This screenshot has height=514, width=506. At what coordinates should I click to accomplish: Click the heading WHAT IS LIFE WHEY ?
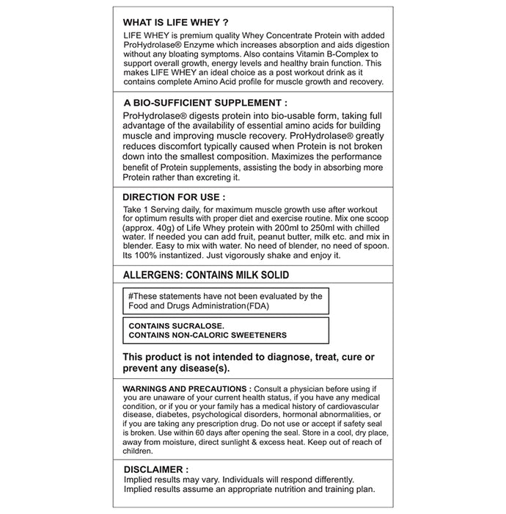(x=170, y=22)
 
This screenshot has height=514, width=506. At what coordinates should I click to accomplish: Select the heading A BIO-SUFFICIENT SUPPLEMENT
(x=205, y=104)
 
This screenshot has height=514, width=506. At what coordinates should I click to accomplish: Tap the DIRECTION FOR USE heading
(x=173, y=198)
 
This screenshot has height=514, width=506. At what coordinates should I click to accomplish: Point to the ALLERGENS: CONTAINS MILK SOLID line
(x=206, y=275)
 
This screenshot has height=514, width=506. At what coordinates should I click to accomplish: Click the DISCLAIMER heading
(x=155, y=468)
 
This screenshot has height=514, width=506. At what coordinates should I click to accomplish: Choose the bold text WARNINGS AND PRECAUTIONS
(x=187, y=388)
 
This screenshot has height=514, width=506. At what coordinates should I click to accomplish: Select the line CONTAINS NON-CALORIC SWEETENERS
(x=208, y=335)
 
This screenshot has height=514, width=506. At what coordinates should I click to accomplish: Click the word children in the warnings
(x=138, y=451)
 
